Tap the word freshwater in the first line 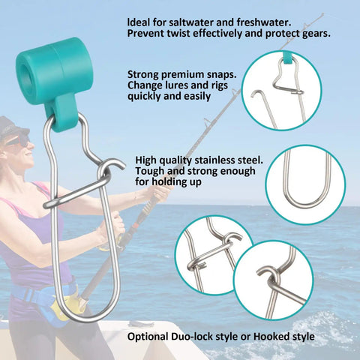[x=264, y=22]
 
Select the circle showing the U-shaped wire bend [x=305, y=184]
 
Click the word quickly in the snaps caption [x=143, y=97]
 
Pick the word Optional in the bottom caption [x=148, y=337]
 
